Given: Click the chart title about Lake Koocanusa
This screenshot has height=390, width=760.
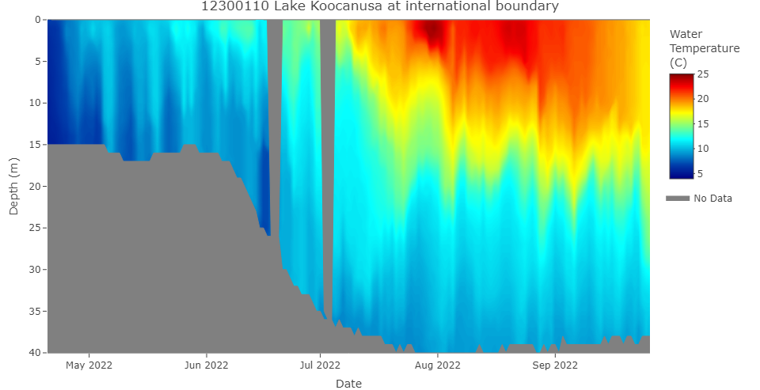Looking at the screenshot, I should click(x=380, y=6).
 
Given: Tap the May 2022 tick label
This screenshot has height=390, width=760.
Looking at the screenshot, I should click(x=89, y=365).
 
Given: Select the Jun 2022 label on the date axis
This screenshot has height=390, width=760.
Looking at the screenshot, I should click(x=207, y=365).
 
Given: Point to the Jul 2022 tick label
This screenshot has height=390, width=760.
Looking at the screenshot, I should click(x=320, y=365).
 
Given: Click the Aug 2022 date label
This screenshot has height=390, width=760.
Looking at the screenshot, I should click(x=437, y=365).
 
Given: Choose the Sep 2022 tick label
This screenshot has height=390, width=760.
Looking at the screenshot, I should click(x=555, y=365).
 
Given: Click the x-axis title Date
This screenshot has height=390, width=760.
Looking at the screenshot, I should click(x=348, y=384).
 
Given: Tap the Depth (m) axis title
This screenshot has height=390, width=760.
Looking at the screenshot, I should click(x=13, y=186).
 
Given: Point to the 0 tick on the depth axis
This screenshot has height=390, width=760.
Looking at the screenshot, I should click(x=37, y=20).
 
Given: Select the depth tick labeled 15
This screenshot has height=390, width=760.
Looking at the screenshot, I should click(x=35, y=145).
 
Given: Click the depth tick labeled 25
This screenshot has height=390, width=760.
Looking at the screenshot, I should click(x=35, y=228).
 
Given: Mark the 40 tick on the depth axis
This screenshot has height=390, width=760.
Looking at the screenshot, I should click(x=35, y=352).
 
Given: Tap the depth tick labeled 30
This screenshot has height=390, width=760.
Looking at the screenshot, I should click(x=35, y=270).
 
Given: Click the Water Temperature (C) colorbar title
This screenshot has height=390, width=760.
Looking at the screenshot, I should click(x=704, y=48).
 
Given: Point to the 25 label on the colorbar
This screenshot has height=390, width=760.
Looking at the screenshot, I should click(x=703, y=74).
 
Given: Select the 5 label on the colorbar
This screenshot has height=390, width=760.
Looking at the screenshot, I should click(x=701, y=173).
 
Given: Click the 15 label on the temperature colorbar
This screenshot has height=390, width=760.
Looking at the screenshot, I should click(x=703, y=123).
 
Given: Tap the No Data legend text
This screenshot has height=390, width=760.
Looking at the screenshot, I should click(x=712, y=199).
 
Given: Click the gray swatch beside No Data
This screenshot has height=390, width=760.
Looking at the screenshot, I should click(x=678, y=199).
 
